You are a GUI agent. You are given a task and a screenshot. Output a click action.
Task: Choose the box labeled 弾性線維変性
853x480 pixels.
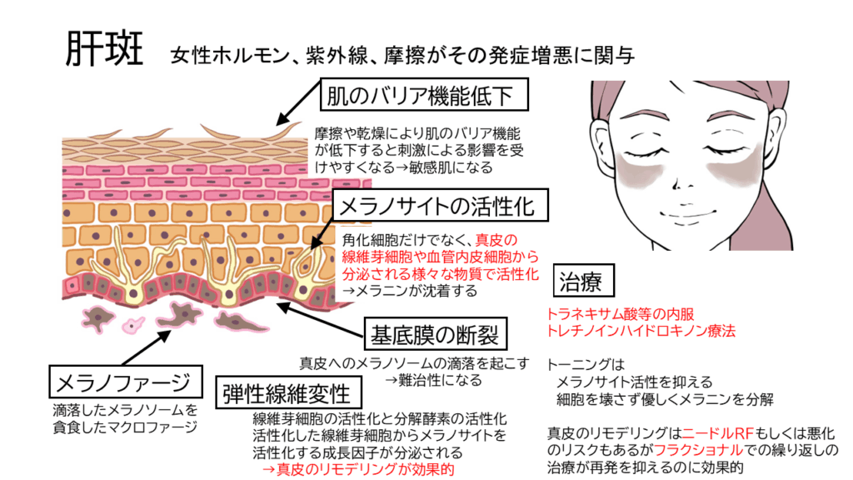tap(287, 391)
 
